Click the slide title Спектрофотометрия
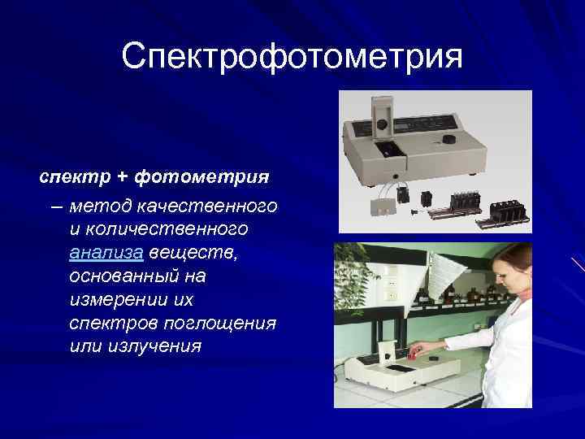[292, 57]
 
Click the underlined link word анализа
[106, 253]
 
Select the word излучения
[154, 346]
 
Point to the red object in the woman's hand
[414, 352]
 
